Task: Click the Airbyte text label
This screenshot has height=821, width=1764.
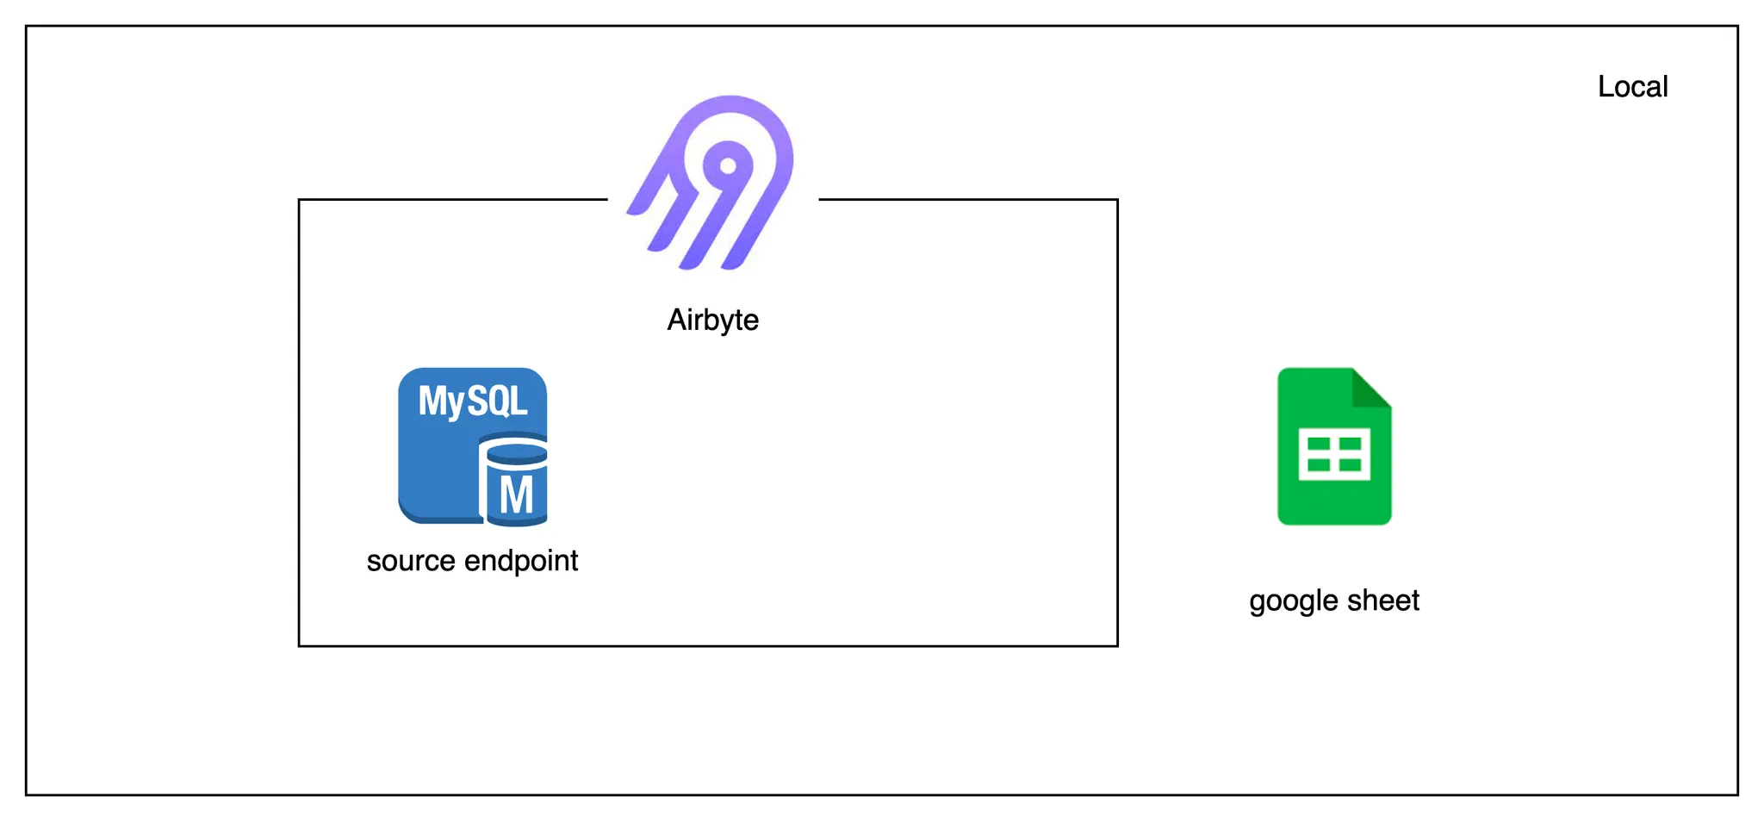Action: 713,320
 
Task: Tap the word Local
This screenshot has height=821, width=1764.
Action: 1632,87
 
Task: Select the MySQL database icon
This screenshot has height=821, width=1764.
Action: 472,446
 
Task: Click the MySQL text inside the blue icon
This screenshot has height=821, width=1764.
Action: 472,401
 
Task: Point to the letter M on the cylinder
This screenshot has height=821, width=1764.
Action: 516,495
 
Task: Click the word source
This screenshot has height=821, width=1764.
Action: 411,561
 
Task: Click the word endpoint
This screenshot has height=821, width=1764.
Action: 521,561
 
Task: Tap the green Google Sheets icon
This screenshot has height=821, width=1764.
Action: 1333,446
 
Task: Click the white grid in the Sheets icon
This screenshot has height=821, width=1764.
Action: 1334,454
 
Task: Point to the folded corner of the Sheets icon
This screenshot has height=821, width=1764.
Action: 1372,387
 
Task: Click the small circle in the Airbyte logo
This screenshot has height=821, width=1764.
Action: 729,165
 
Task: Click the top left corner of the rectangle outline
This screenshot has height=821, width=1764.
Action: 299,200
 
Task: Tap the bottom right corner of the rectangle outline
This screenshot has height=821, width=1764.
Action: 1117,645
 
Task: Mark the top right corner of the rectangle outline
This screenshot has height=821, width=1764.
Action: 1117,200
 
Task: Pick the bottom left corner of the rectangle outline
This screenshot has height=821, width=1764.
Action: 299,645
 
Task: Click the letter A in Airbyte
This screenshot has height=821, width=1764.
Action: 677,320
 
